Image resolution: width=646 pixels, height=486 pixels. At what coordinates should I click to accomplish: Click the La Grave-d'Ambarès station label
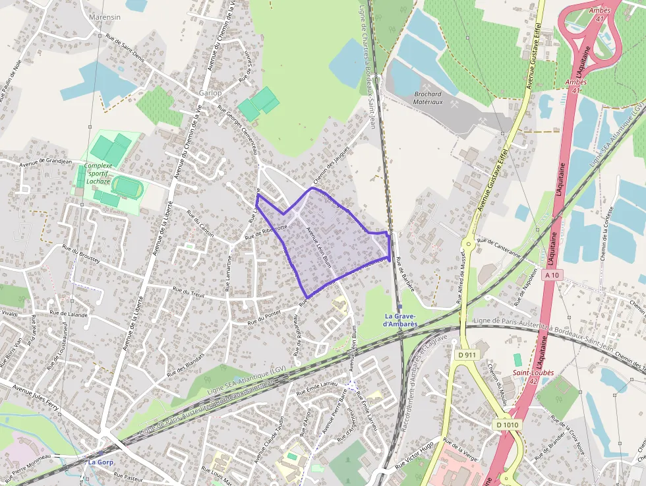coord(401,320)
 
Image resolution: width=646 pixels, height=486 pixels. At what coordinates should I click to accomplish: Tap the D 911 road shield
coord(466,355)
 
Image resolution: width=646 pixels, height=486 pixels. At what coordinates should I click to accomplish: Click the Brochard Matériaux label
coord(427,98)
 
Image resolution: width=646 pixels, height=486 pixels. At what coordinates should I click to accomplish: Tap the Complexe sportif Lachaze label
coord(107,169)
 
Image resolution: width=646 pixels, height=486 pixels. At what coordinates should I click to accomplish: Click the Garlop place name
coord(210,93)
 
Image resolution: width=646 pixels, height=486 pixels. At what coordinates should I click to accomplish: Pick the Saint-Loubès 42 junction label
coord(533,377)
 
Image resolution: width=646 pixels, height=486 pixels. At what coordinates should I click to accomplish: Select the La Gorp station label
coord(101,462)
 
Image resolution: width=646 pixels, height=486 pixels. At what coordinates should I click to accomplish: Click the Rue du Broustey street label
coord(80,254)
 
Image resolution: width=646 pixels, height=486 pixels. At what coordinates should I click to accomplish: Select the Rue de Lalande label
coord(69,314)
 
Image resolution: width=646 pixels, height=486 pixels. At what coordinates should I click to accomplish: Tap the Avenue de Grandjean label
coord(45,161)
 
